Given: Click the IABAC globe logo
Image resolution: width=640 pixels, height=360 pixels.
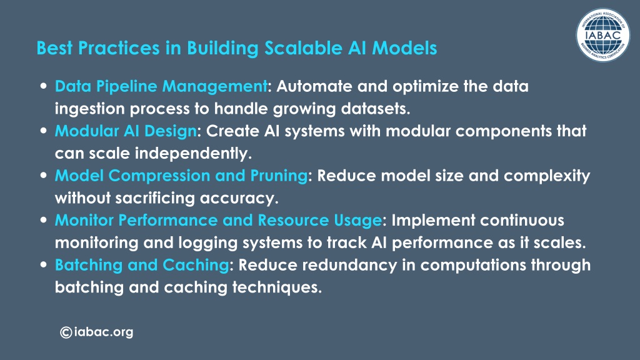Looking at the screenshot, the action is click(x=603, y=35).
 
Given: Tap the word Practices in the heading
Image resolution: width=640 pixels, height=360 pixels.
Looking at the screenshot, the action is click(x=119, y=47).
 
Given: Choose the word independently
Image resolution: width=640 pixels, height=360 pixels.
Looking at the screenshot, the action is click(x=193, y=154).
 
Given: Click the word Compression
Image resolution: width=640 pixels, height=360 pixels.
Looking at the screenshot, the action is click(x=159, y=176).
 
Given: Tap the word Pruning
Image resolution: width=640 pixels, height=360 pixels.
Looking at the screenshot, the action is click(x=279, y=176).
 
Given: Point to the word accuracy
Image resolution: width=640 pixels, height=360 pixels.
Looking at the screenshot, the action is click(x=239, y=199).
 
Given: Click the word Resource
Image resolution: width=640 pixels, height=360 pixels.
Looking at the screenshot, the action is click(x=293, y=221).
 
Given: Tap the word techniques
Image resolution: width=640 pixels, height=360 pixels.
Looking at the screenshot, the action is click(x=277, y=287).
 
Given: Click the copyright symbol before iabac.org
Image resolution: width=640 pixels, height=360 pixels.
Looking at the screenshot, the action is click(x=66, y=332).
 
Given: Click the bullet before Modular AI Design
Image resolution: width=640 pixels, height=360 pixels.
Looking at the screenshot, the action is click(x=44, y=131).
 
